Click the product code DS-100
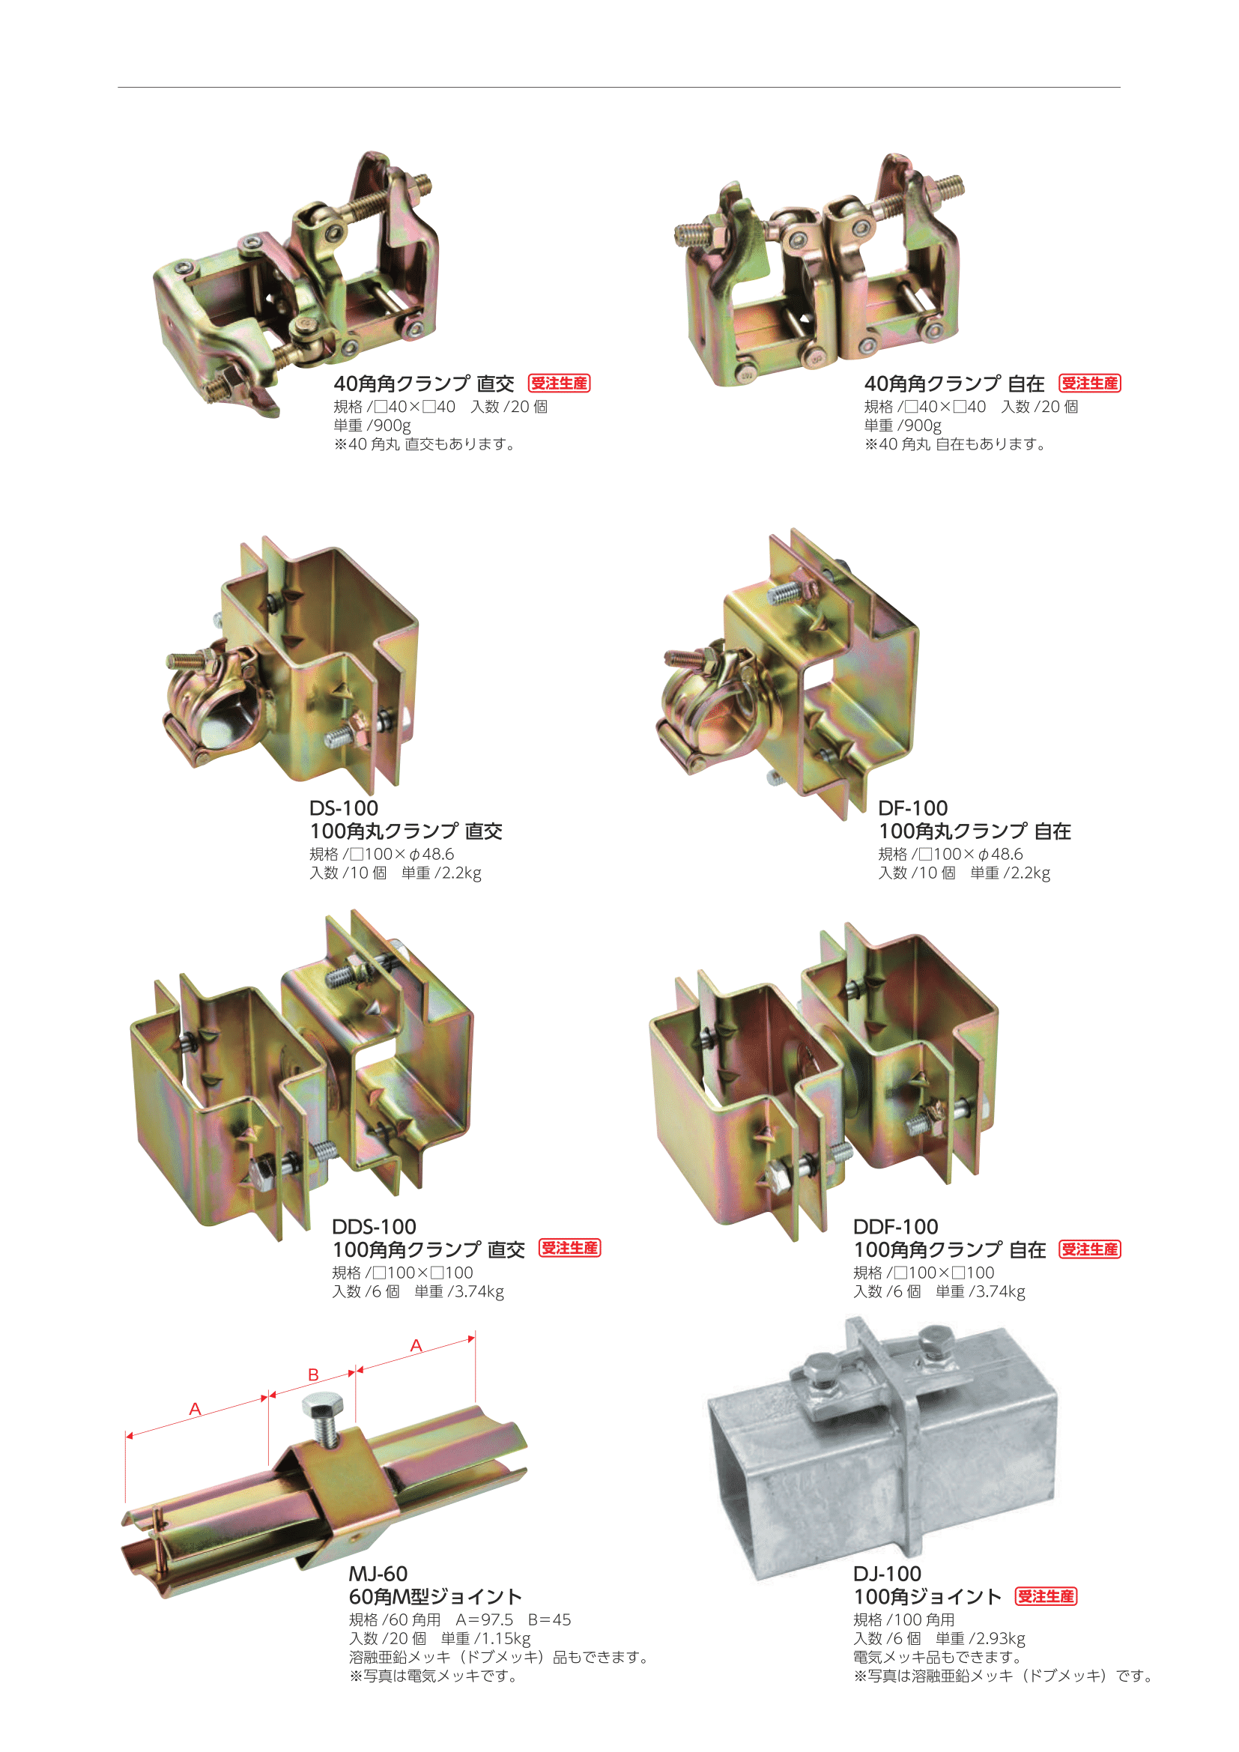(343, 807)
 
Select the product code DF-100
(912, 807)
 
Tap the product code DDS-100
(374, 1226)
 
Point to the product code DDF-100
(895, 1226)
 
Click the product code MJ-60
(378, 1574)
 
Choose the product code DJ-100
(887, 1574)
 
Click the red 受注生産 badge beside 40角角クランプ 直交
(560, 383)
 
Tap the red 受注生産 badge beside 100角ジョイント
(1046, 1596)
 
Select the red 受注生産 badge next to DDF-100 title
(1089, 1249)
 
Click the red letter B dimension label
(313, 1374)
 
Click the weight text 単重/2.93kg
(981, 1638)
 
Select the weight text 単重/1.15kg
(485, 1638)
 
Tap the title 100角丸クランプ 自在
(975, 831)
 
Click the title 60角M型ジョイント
(435, 1596)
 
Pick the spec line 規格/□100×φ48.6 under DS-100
(381, 854)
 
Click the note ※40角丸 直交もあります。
(425, 444)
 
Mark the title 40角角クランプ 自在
(954, 383)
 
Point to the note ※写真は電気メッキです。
(433, 1676)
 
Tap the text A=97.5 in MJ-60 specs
(485, 1619)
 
